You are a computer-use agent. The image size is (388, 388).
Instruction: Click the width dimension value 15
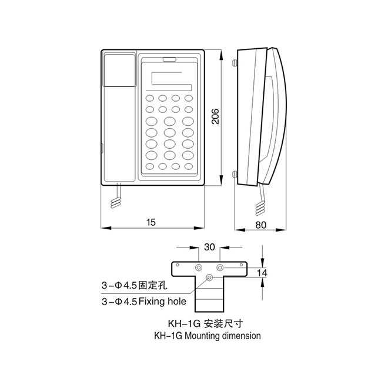151,222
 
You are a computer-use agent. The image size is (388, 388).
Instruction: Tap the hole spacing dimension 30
209,247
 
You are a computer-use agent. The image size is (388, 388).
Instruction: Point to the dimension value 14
262,272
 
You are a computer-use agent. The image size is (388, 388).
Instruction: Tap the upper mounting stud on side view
235,63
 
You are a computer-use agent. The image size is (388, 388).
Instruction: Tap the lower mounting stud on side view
235,174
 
